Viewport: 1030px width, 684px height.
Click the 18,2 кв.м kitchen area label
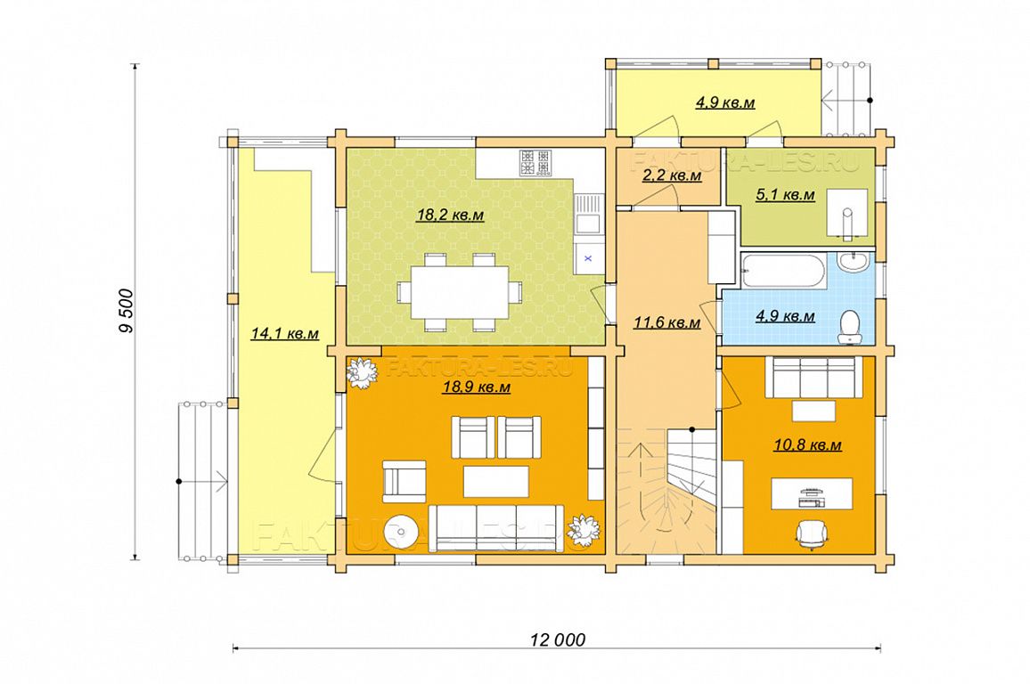coord(451,215)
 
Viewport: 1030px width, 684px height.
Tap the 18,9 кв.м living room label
coord(477,387)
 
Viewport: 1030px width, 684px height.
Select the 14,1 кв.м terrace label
coord(284,333)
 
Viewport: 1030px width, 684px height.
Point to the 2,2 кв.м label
coord(671,175)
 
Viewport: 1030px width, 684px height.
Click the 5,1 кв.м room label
coord(785,195)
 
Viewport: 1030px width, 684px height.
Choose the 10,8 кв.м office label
coord(808,445)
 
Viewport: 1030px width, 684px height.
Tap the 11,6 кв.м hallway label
coord(666,322)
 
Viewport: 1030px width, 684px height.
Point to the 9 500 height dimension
coord(127,311)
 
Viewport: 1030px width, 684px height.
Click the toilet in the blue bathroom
coord(851,326)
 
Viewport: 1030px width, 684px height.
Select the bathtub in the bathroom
coord(781,272)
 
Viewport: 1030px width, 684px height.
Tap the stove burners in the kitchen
coord(536,163)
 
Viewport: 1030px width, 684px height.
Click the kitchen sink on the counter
coord(587,214)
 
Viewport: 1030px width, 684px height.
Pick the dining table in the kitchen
coord(460,291)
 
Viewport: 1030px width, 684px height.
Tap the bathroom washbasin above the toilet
coord(855,262)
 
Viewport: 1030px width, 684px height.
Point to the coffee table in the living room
coord(496,482)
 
